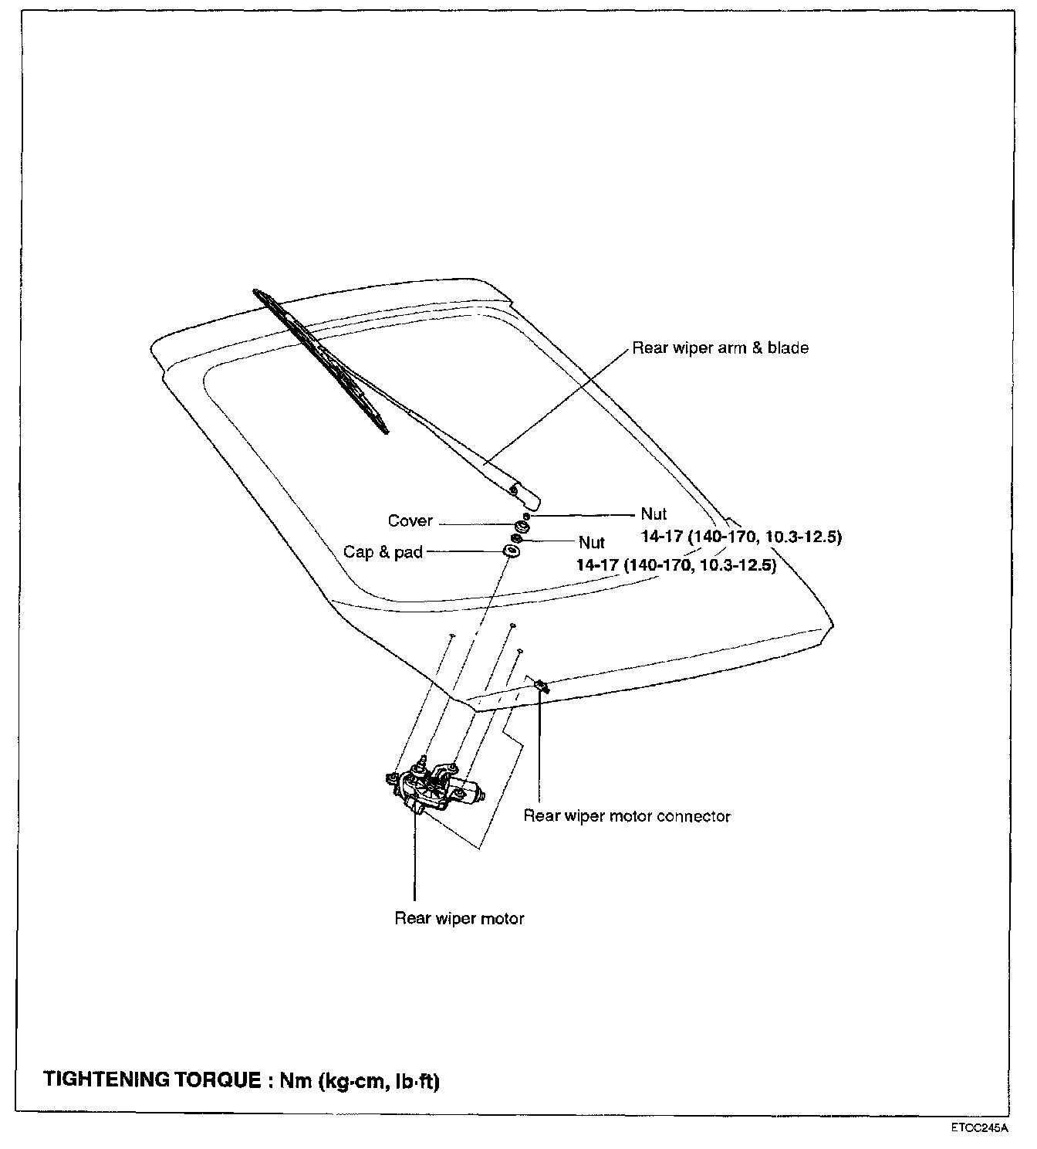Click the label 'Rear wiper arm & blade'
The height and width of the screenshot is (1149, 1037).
click(720, 348)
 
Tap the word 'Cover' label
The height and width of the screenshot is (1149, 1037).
click(410, 521)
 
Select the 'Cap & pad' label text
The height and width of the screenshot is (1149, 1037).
click(383, 553)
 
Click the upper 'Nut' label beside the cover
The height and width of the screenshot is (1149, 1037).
click(654, 514)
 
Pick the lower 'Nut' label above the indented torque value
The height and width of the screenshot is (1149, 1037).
click(592, 543)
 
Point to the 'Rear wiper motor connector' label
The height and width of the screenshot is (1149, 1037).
click(627, 816)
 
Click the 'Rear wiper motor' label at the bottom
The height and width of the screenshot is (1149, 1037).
click(459, 919)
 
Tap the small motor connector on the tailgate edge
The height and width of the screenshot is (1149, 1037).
click(542, 685)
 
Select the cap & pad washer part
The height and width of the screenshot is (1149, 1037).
click(510, 551)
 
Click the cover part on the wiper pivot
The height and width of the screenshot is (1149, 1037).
click(522, 527)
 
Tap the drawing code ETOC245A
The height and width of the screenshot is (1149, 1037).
click(979, 1127)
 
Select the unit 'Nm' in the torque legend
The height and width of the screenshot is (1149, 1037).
click(294, 1080)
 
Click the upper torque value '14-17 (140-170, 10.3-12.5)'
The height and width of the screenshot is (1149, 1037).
click(741, 537)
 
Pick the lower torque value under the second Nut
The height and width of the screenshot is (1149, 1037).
click(676, 565)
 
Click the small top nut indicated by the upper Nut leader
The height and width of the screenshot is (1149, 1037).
click(526, 516)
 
